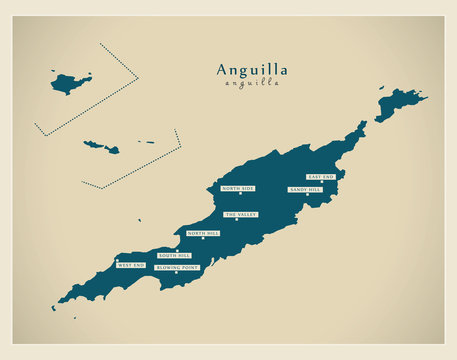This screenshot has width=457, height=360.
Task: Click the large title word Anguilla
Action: (252, 69)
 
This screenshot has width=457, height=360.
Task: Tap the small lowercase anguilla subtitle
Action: (252, 83)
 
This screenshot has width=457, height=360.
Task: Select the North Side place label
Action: (238, 188)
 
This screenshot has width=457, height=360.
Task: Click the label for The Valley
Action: (240, 214)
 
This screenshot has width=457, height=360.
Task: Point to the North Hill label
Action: (203, 233)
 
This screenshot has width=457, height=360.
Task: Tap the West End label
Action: (131, 265)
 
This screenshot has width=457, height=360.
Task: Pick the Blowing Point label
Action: (177, 268)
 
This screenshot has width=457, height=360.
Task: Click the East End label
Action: (321, 176)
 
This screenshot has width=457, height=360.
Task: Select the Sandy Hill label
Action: (305, 189)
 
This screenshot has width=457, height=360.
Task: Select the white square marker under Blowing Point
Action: (177, 274)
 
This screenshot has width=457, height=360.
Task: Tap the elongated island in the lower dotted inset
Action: (101, 147)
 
